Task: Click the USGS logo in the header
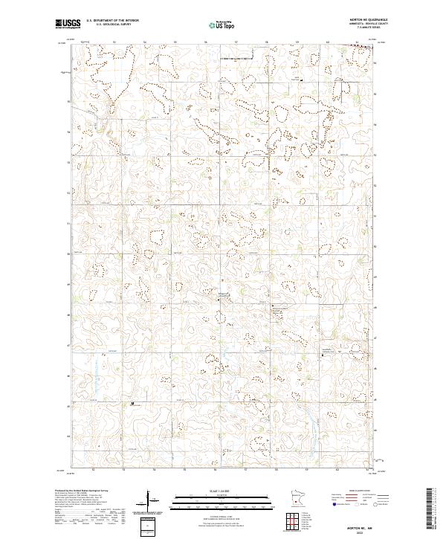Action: tap(68, 24)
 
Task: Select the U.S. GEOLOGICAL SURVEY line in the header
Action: tap(109, 25)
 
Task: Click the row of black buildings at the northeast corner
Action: tap(360, 48)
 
